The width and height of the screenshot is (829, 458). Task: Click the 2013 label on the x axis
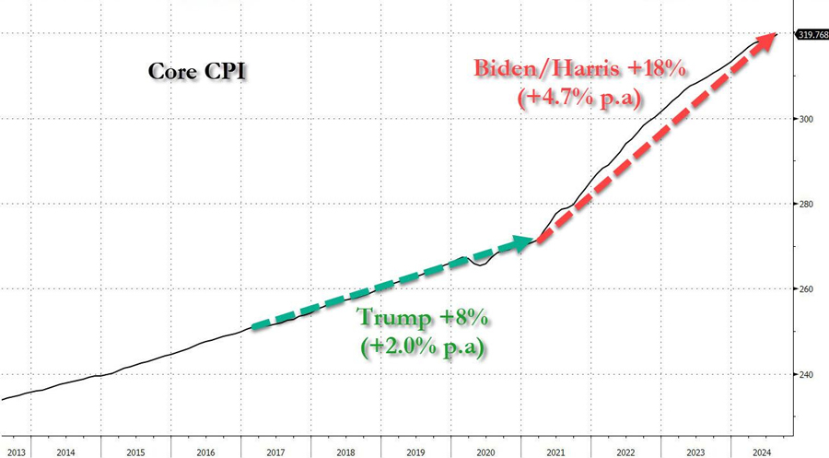(15, 452)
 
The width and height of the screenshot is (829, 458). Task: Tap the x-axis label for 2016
(205, 452)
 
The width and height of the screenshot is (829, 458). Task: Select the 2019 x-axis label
(415, 452)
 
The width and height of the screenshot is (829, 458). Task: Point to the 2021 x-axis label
(555, 452)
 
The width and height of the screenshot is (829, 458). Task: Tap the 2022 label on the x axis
(625, 452)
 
